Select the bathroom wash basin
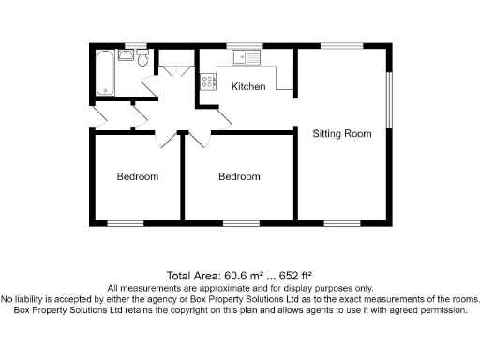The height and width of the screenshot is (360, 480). pyautogui.click(x=127, y=56)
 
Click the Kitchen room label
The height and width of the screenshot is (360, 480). pyautogui.click(x=248, y=86)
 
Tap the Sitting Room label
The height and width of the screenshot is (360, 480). pyautogui.click(x=341, y=134)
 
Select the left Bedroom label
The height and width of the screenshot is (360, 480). pyautogui.click(x=137, y=176)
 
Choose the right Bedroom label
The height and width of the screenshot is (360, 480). pyautogui.click(x=239, y=176)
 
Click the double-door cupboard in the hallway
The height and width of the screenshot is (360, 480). pyautogui.click(x=174, y=71)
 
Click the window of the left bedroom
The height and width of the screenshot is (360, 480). pyautogui.click(x=126, y=222)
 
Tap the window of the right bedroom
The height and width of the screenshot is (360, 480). pyautogui.click(x=240, y=222)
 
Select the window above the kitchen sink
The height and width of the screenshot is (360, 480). pyautogui.click(x=250, y=44)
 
